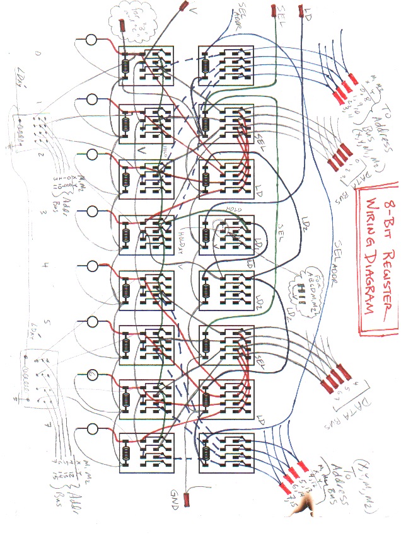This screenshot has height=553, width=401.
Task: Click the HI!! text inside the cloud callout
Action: pos(296,289)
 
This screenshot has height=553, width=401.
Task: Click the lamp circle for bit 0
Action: pos(91,40)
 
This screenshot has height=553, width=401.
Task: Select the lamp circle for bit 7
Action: pos(92,429)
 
